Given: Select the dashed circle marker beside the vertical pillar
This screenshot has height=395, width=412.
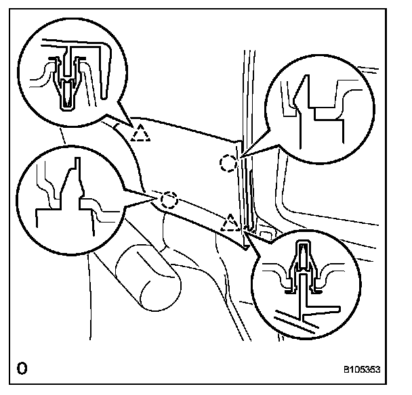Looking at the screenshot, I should [229, 162].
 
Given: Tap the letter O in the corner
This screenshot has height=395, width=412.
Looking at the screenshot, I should [22, 369].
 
